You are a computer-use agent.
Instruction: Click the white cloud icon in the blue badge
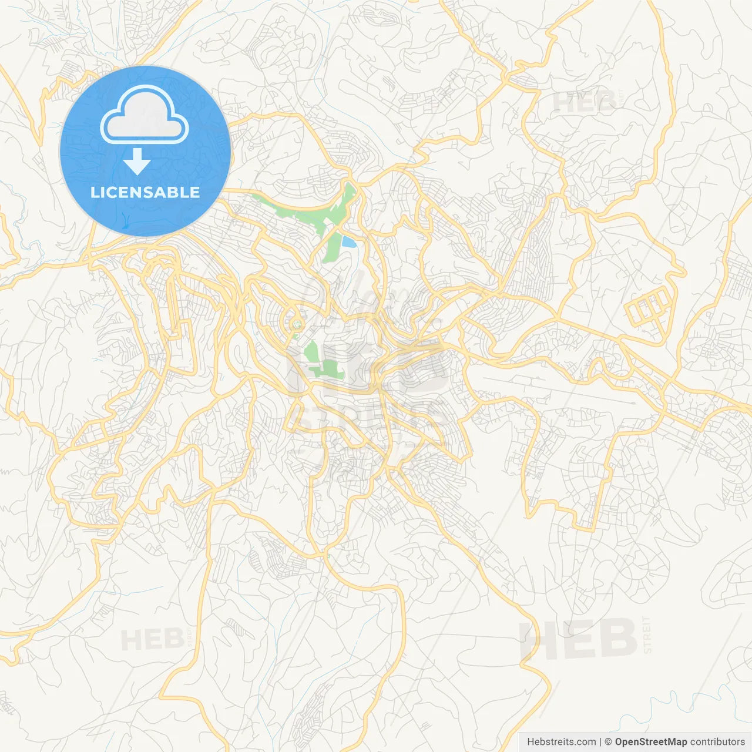[x=145, y=115]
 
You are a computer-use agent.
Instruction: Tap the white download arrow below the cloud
[x=137, y=162]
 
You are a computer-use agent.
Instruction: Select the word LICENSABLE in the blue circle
[x=145, y=192]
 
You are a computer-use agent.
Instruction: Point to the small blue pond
[x=349, y=241]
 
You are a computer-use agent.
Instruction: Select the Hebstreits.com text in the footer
[x=561, y=741]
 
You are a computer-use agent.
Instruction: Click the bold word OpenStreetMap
[x=650, y=741]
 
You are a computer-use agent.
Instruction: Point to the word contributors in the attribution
[x=717, y=741]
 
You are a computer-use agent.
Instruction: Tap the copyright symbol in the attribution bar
[x=609, y=741]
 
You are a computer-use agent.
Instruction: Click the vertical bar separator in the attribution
[x=600, y=741]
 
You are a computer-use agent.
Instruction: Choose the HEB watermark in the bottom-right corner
[x=579, y=639]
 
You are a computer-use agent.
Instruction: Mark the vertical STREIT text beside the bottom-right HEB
[x=647, y=634]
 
